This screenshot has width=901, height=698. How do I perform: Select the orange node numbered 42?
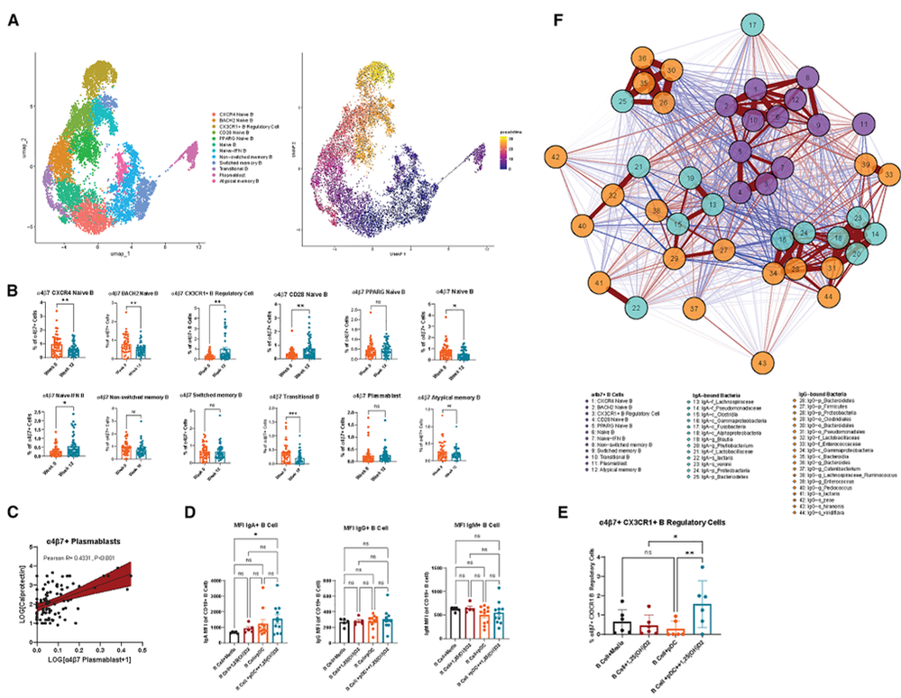click(x=557, y=157)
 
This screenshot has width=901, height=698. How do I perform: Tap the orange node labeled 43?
click(x=763, y=363)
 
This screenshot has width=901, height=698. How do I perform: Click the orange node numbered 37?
click(x=694, y=308)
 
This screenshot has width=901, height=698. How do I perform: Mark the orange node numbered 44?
click(x=826, y=296)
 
